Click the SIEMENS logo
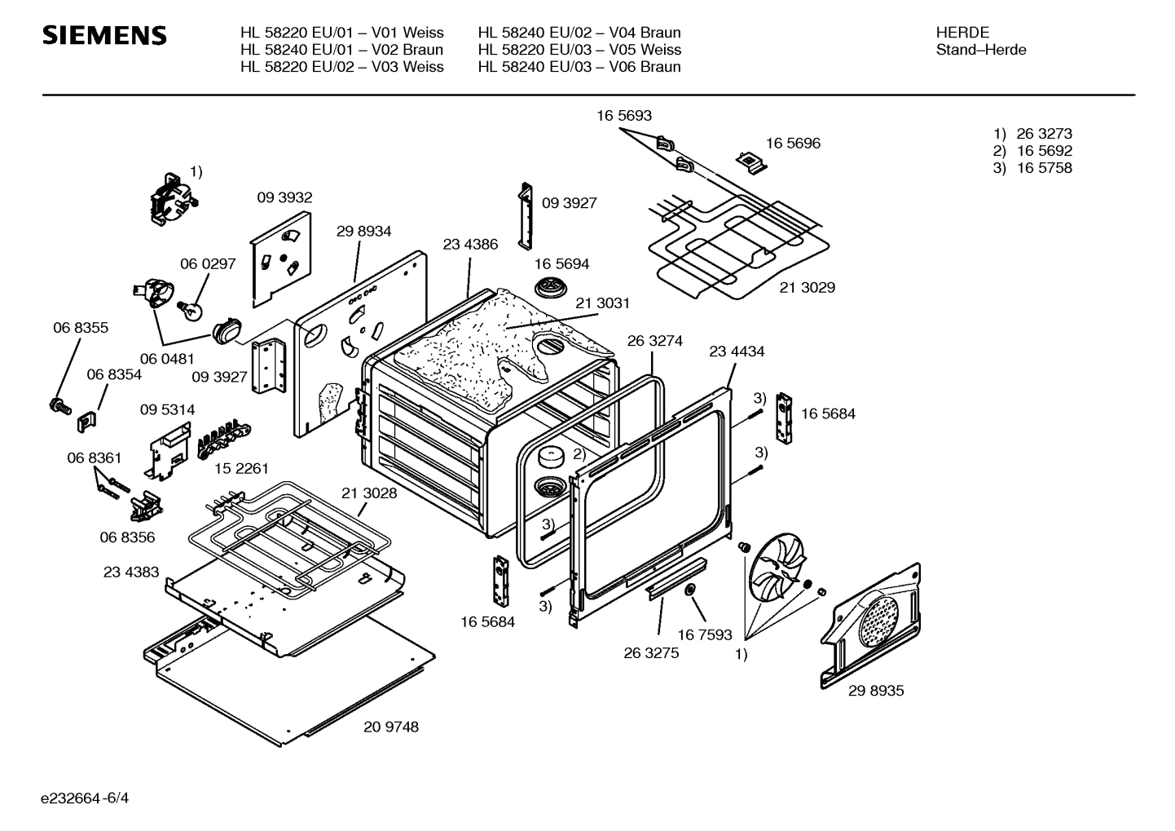[x=104, y=35]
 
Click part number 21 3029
[x=807, y=287]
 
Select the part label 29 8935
[x=876, y=691]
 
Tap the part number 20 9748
[x=391, y=727]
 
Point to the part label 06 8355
[x=81, y=328]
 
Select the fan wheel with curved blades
[x=775, y=578]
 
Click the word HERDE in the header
[x=962, y=33]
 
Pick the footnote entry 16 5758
[x=1044, y=168]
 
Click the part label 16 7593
[x=705, y=634]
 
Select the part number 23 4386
[x=470, y=244]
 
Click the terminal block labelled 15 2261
[x=221, y=442]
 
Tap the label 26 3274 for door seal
[x=654, y=341]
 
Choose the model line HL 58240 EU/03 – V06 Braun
[x=579, y=67]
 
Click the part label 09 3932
[x=284, y=197]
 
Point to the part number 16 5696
[x=793, y=144]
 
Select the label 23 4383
[x=131, y=572]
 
